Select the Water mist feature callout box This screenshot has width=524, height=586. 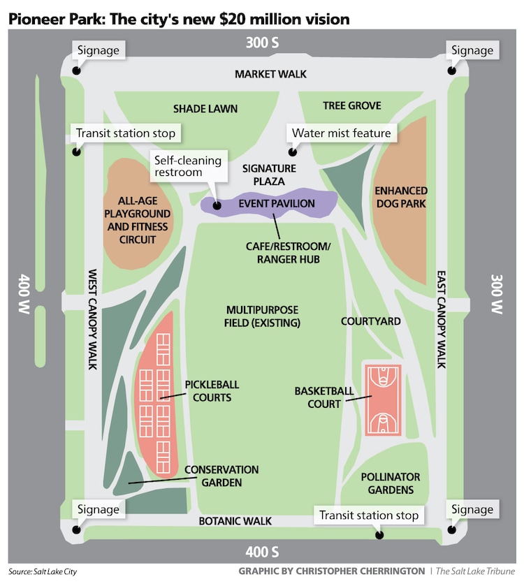(x=341, y=133)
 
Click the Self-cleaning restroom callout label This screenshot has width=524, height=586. (x=187, y=166)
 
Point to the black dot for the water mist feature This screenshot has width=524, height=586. (x=292, y=152)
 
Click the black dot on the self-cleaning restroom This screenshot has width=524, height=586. (x=216, y=206)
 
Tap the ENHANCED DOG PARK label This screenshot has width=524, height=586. (x=401, y=197)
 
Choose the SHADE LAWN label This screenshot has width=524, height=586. (x=205, y=108)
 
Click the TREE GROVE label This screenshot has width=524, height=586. (x=352, y=105)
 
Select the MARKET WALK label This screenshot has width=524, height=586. (x=270, y=74)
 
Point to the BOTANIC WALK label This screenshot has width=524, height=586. (x=235, y=521)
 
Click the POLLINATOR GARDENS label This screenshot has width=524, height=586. (x=391, y=483)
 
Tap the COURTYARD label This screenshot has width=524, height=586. (x=370, y=321)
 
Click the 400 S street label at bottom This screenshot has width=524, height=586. (x=263, y=553)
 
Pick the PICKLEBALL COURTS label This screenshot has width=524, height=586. (x=208, y=391)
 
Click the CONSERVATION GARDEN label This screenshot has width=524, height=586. (x=221, y=476)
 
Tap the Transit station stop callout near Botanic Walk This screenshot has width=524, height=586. (x=369, y=515)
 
